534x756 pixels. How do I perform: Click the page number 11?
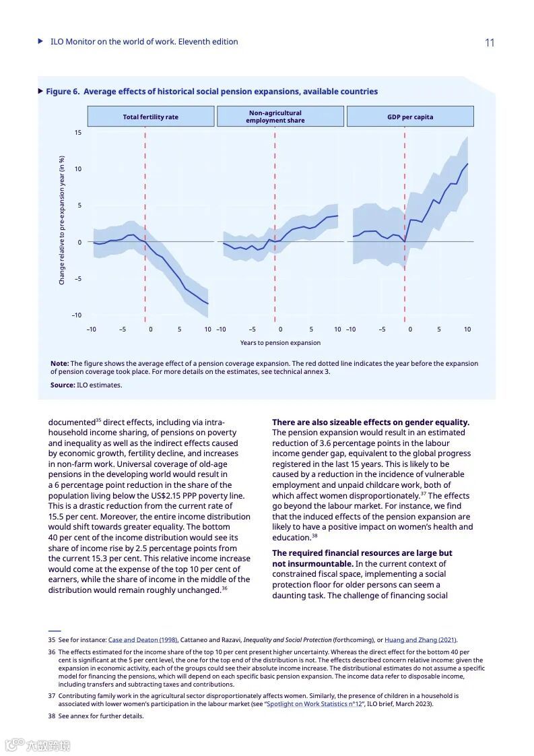pos(490,42)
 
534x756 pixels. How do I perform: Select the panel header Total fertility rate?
pos(150,117)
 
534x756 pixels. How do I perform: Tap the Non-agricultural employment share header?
pos(275,117)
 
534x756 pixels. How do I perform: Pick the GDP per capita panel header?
pos(410,117)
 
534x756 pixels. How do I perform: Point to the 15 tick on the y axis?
pos(78,133)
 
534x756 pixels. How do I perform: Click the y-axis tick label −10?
pos(77,315)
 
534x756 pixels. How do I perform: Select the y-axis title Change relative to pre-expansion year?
pos(62,220)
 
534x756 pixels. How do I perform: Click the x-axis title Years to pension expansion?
pos(271,343)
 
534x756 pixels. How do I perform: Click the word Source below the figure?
pos(62,385)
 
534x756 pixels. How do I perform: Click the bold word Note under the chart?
pos(59,363)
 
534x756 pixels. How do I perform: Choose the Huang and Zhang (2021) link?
pos(420,639)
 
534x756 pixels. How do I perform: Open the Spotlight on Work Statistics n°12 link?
pos(307,704)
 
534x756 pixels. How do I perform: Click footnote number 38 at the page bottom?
pos(51,716)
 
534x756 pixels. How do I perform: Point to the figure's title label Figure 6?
pos(62,92)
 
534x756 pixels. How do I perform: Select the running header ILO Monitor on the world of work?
pos(144,42)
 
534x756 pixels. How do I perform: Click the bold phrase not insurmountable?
pos(312,563)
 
